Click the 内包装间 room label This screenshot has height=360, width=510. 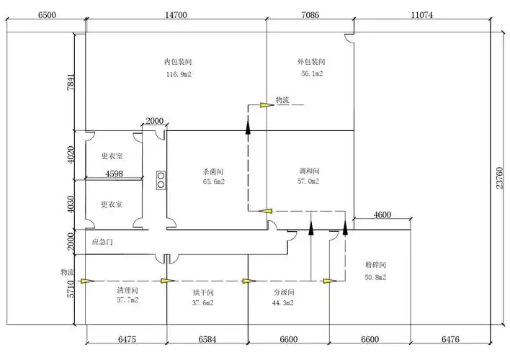[176, 63]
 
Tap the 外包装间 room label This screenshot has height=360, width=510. [310, 63]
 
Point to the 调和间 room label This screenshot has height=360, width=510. [308, 171]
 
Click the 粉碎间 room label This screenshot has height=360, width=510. [375, 266]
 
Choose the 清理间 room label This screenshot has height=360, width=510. [127, 289]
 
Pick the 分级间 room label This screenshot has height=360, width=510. [284, 293]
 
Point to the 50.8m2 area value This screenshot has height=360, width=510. [375, 276]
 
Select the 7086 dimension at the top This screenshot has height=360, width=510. [310, 15]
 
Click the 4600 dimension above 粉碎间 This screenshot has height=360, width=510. [382, 215]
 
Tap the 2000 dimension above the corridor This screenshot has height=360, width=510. [154, 121]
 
